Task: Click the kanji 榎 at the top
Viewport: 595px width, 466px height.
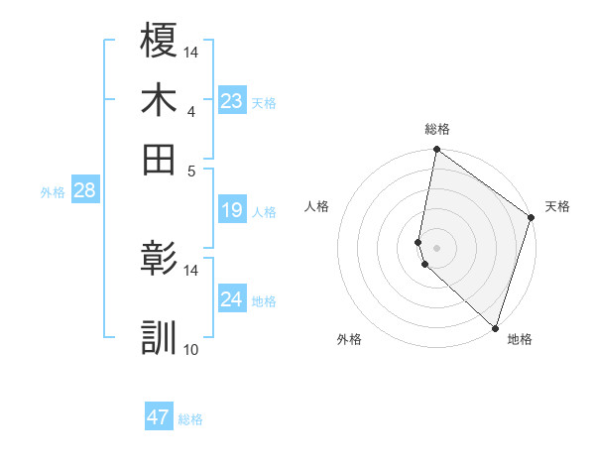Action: click(x=159, y=41)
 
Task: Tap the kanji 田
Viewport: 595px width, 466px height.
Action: click(x=159, y=158)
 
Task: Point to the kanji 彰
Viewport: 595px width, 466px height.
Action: click(x=159, y=259)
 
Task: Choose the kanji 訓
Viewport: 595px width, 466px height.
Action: click(x=159, y=337)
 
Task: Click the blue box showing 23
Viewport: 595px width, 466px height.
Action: click(x=231, y=101)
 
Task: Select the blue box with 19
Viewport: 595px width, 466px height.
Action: click(x=231, y=210)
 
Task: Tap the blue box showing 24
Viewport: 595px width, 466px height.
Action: click(x=231, y=299)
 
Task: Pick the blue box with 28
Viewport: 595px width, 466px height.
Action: click(x=84, y=190)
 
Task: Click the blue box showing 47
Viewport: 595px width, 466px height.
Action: click(x=159, y=417)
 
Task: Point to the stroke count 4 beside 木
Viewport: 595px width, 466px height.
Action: click(x=190, y=111)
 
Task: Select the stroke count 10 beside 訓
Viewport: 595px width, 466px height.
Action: click(x=191, y=349)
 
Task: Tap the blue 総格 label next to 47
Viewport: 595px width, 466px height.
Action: click(x=190, y=419)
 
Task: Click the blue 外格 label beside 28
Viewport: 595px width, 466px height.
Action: click(x=53, y=192)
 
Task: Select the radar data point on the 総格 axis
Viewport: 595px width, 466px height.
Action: click(x=436, y=151)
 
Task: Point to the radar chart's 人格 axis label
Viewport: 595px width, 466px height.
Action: click(x=317, y=206)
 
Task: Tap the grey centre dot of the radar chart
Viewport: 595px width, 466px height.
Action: click(x=436, y=248)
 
